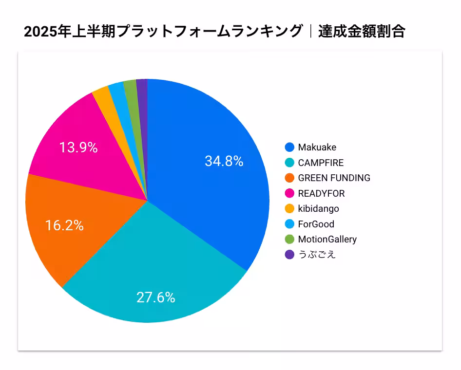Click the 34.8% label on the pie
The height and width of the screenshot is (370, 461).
224,161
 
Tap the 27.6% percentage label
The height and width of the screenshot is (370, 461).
155,297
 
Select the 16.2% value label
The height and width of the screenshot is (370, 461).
64,225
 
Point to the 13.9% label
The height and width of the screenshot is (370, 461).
78,148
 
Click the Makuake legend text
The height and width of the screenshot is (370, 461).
317,147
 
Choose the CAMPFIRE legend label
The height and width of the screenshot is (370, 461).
321,163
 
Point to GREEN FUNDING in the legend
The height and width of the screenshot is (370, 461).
334,178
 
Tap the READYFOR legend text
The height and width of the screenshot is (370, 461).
321,193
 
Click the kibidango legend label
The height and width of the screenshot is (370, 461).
318,208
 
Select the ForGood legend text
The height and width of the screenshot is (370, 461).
316,224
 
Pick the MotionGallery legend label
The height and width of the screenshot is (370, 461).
327,239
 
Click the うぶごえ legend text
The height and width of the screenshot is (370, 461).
317,255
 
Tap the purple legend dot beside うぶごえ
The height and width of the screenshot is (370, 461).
289,255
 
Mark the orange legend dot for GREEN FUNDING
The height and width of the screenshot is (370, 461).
289,178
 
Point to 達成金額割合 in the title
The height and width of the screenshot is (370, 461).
362,32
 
